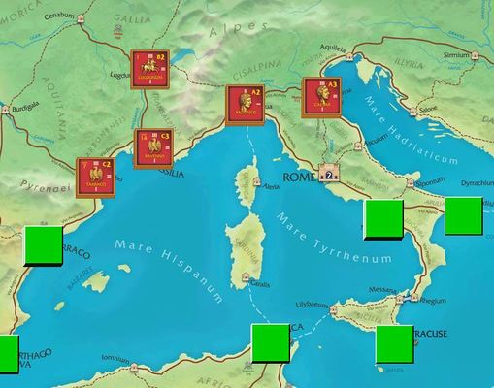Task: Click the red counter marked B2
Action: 149,70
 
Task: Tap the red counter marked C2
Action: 96,177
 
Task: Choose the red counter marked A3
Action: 322,96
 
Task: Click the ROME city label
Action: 296,177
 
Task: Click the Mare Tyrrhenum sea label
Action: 335,237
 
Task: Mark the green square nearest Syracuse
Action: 394,344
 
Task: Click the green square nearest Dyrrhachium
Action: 463,214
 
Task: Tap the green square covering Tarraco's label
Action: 43,244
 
